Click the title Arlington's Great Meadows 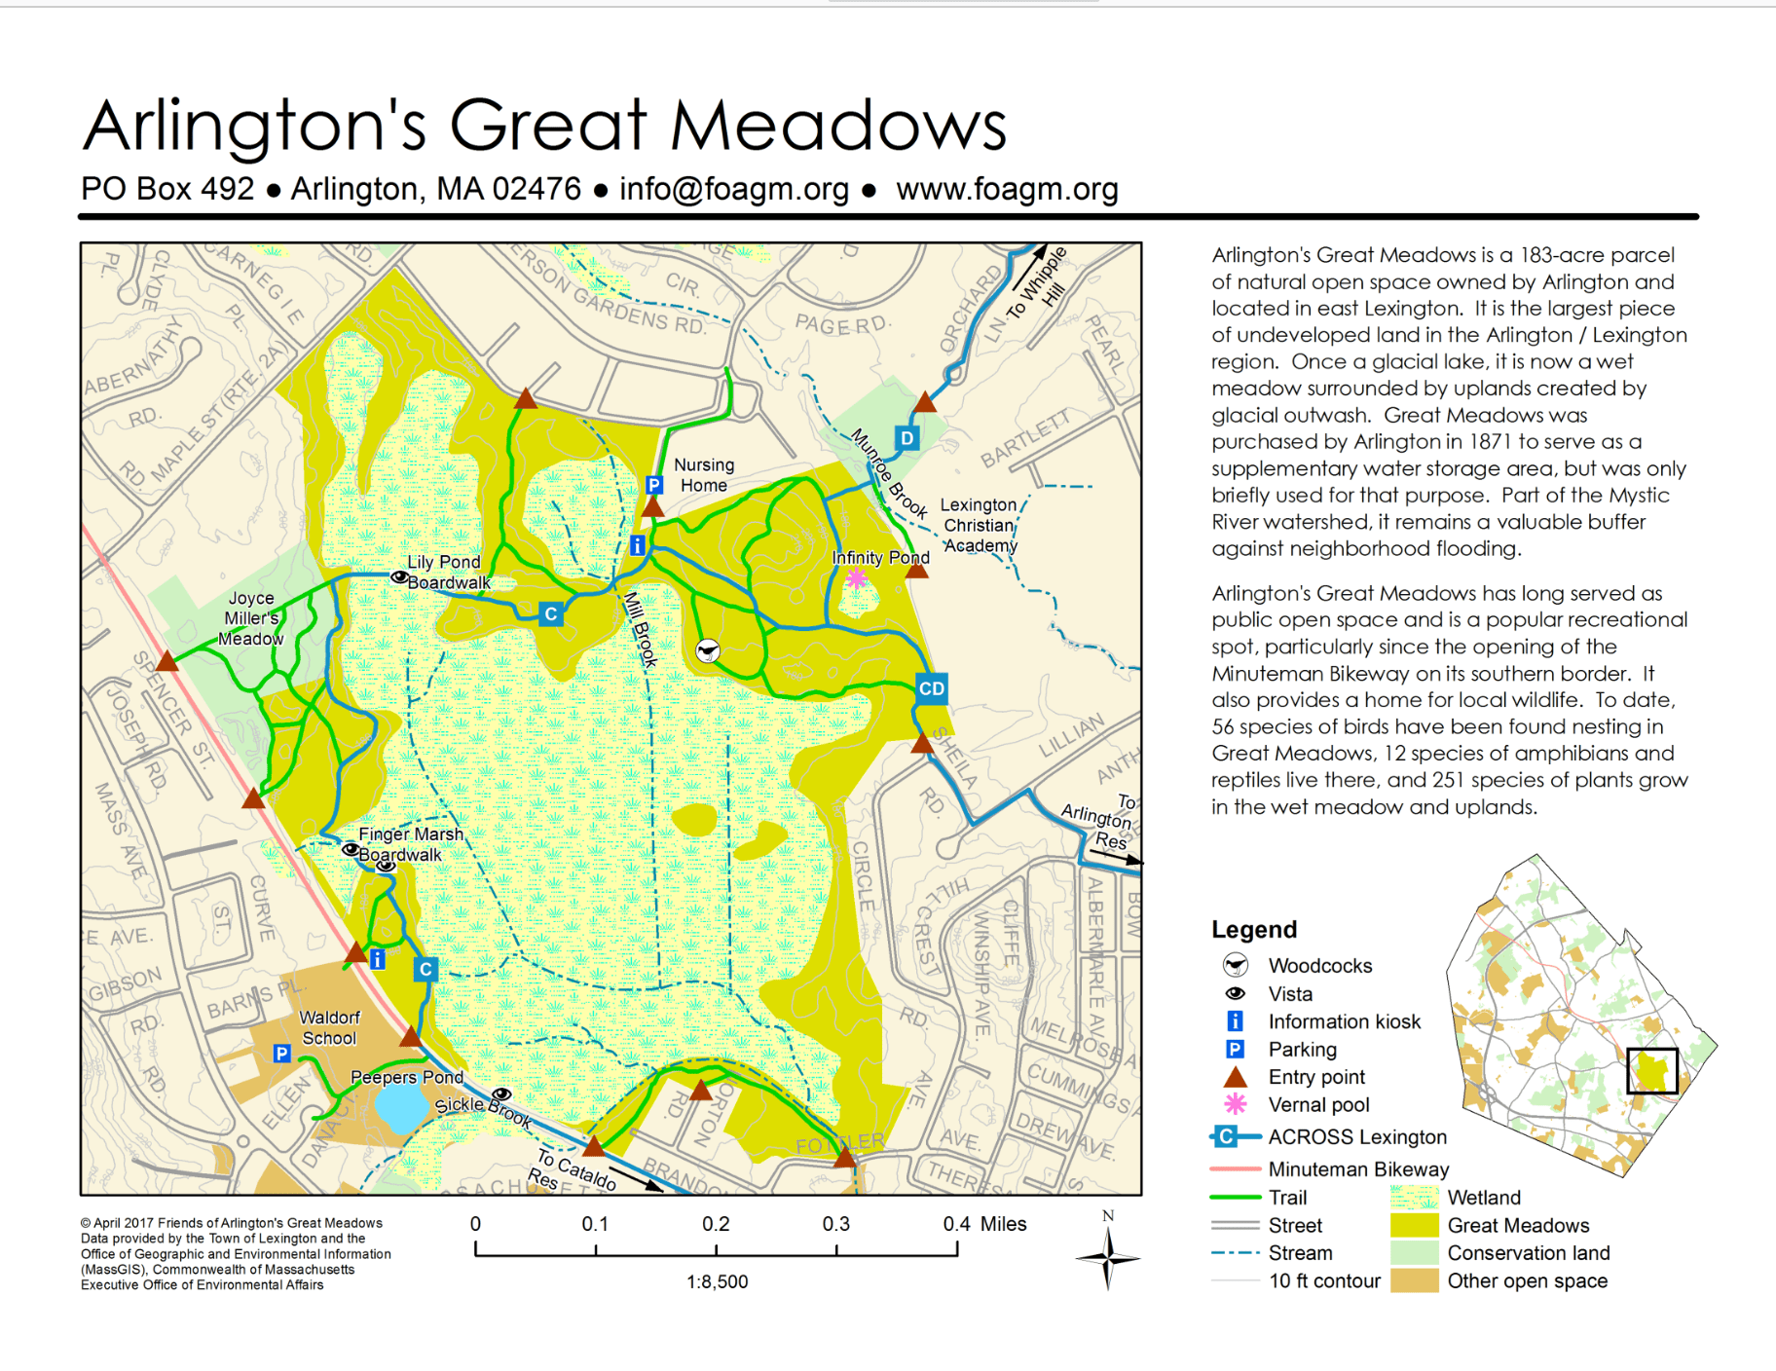click(x=544, y=127)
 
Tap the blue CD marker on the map click(x=931, y=688)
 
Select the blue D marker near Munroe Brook click(x=906, y=438)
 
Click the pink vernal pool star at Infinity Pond click(x=856, y=578)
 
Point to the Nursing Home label click(x=704, y=475)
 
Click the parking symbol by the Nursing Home click(x=654, y=485)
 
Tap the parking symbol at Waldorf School click(x=281, y=1053)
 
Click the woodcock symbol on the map click(x=708, y=650)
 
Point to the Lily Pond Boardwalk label click(x=446, y=573)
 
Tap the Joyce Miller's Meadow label click(x=251, y=618)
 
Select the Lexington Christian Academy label click(x=979, y=525)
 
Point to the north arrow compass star click(x=1107, y=1258)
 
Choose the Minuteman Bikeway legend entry click(x=1357, y=1168)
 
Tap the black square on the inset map click(x=1651, y=1071)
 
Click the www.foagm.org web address click(x=1007, y=189)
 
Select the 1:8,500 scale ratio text click(x=717, y=1281)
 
